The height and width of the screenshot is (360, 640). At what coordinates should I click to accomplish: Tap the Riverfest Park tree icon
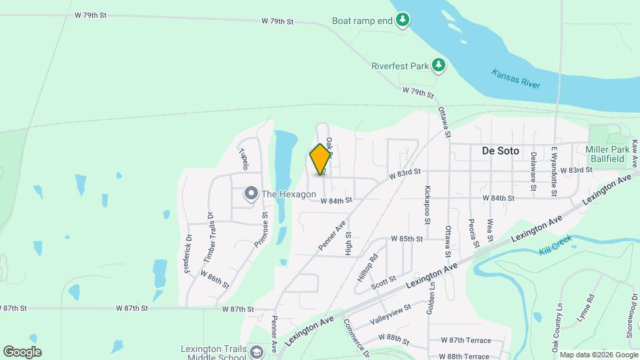tap(438, 65)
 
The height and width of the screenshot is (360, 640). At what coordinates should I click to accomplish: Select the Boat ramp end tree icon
tap(402, 21)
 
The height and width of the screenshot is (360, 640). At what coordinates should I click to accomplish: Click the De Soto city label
tap(500, 151)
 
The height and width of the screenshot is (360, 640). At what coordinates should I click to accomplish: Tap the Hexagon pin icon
tap(251, 194)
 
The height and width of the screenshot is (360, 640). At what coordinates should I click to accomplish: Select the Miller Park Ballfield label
tap(605, 154)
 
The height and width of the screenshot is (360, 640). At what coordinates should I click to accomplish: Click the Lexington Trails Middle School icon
tap(257, 352)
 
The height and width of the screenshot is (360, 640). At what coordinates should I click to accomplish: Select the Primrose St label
tap(261, 229)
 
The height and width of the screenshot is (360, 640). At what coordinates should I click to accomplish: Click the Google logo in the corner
tap(22, 351)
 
